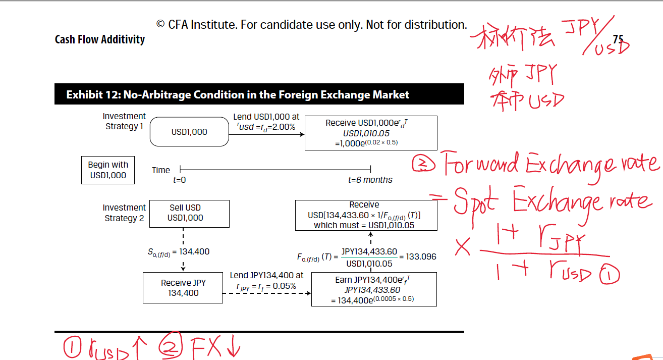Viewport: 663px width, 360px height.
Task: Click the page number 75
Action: [618, 39]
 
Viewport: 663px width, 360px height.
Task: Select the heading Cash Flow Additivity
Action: [100, 39]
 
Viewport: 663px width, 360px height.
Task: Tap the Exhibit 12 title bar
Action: [259, 94]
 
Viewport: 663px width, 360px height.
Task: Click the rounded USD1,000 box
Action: [189, 132]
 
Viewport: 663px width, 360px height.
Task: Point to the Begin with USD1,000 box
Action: [108, 170]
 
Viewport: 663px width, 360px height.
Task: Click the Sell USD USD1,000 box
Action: [185, 213]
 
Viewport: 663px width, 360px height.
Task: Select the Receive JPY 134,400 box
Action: [183, 288]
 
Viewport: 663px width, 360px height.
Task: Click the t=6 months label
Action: [370, 180]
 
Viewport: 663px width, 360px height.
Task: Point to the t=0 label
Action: [179, 180]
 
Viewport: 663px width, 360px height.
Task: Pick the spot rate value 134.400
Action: [195, 251]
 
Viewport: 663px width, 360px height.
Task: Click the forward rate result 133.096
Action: [421, 256]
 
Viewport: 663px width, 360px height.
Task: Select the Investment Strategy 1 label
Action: [124, 121]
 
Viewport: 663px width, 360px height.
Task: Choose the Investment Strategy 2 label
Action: [124, 213]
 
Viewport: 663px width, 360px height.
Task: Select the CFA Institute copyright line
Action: [311, 24]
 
